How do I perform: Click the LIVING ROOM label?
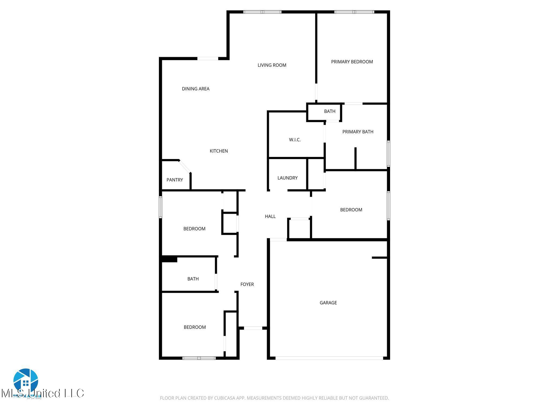tap(272, 65)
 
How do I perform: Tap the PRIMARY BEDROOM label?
tap(352, 62)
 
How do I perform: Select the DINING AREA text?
tap(195, 89)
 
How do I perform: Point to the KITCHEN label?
tap(218, 151)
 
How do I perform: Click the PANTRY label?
tap(175, 180)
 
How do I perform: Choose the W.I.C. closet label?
tap(295, 140)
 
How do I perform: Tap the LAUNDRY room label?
tap(287, 178)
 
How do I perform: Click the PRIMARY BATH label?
tap(358, 132)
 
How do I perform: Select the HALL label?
tap(270, 216)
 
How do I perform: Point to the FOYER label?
tap(247, 284)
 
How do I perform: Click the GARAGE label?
tap(328, 303)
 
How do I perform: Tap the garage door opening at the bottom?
tap(329, 358)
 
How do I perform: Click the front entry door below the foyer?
tap(253, 328)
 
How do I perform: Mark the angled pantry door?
tap(185, 166)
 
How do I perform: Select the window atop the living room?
tap(262, 12)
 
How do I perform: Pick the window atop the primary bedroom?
tap(354, 12)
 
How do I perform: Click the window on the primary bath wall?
tap(388, 154)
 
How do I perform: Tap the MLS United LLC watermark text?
tap(43, 393)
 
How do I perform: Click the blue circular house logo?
tap(26, 380)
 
